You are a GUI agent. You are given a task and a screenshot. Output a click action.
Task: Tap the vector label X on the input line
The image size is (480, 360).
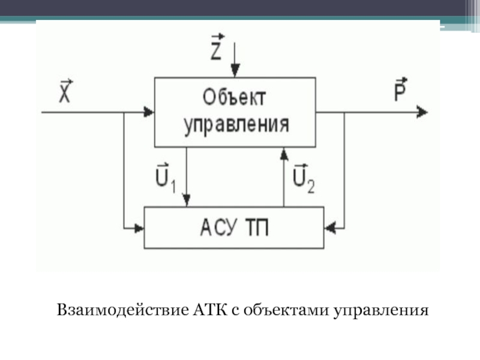(65, 91)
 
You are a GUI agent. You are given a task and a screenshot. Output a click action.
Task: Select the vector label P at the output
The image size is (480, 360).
(401, 89)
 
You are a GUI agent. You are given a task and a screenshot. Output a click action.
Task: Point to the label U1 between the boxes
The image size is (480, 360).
(166, 178)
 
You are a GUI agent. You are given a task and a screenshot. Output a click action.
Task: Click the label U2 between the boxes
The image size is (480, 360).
(304, 179)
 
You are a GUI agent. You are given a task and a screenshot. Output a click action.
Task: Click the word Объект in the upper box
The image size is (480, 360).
(234, 97)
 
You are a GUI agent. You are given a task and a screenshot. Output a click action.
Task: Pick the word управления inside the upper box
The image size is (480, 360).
(236, 125)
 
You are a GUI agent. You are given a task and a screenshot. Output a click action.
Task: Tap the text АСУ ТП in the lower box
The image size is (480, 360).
(235, 228)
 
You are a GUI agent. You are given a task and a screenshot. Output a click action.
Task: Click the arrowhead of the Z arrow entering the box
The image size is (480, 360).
(235, 71)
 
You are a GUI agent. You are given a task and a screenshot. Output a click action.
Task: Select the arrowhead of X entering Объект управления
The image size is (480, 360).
(149, 112)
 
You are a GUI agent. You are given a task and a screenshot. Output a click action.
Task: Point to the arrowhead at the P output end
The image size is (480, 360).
(422, 112)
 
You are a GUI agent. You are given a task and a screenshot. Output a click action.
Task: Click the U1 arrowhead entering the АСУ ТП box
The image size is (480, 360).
(187, 200)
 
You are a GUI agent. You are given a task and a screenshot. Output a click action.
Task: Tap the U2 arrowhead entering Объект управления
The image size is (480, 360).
(284, 154)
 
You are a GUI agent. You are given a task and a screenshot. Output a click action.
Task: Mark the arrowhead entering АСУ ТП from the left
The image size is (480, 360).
(139, 228)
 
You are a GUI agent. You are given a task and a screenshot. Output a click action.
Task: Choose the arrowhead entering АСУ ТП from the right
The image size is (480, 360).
(329, 228)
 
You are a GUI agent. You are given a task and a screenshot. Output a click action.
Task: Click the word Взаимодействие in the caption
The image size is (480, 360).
(123, 310)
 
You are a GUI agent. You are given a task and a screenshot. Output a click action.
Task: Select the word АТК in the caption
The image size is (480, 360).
(211, 310)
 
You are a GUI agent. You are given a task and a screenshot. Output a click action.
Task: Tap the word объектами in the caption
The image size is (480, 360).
(286, 310)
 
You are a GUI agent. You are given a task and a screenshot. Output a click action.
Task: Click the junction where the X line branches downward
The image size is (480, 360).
(124, 112)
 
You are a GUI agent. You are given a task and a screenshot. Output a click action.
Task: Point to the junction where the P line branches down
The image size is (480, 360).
(344, 112)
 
